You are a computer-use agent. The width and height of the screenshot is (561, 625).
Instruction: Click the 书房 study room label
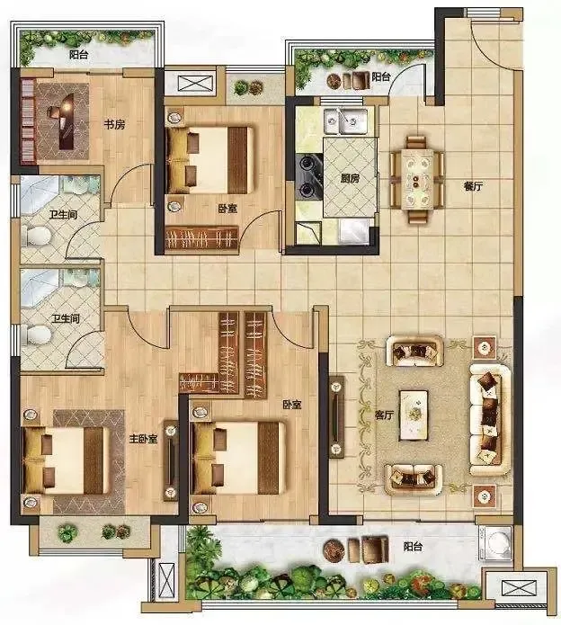pyautogui.click(x=114, y=125)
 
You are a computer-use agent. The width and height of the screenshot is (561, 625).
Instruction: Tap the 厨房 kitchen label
pyautogui.click(x=350, y=178)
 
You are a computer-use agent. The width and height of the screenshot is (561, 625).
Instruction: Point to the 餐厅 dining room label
pyautogui.click(x=473, y=186)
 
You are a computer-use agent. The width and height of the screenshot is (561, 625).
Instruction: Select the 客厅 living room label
pyautogui.click(x=384, y=415)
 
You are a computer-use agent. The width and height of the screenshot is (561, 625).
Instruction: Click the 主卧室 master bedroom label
pyautogui.click(x=143, y=439)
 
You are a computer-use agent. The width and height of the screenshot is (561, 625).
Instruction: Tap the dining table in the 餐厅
pyautogui.click(x=417, y=179)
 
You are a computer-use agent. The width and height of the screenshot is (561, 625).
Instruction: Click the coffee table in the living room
pyautogui.click(x=414, y=415)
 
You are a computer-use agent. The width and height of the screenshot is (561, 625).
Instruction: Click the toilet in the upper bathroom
pyautogui.click(x=37, y=236)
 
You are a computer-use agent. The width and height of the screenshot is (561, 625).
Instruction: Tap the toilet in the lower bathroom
pyautogui.click(x=37, y=335)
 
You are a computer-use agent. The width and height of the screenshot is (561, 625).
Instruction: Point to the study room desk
pyautogui.click(x=67, y=121)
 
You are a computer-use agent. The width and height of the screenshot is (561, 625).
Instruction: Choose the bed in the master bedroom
pyautogui.click(x=66, y=460)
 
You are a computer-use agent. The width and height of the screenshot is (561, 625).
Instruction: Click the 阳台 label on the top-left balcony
pyautogui.click(x=78, y=55)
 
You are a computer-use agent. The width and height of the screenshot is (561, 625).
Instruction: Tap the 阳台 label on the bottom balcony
pyautogui.click(x=413, y=546)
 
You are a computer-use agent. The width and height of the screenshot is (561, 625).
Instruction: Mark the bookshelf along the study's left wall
pyautogui.click(x=28, y=121)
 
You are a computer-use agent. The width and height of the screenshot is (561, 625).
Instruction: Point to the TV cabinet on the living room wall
pyautogui.click(x=336, y=416)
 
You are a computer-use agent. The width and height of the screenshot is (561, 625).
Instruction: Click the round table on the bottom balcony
pyautogui.click(x=333, y=549)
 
